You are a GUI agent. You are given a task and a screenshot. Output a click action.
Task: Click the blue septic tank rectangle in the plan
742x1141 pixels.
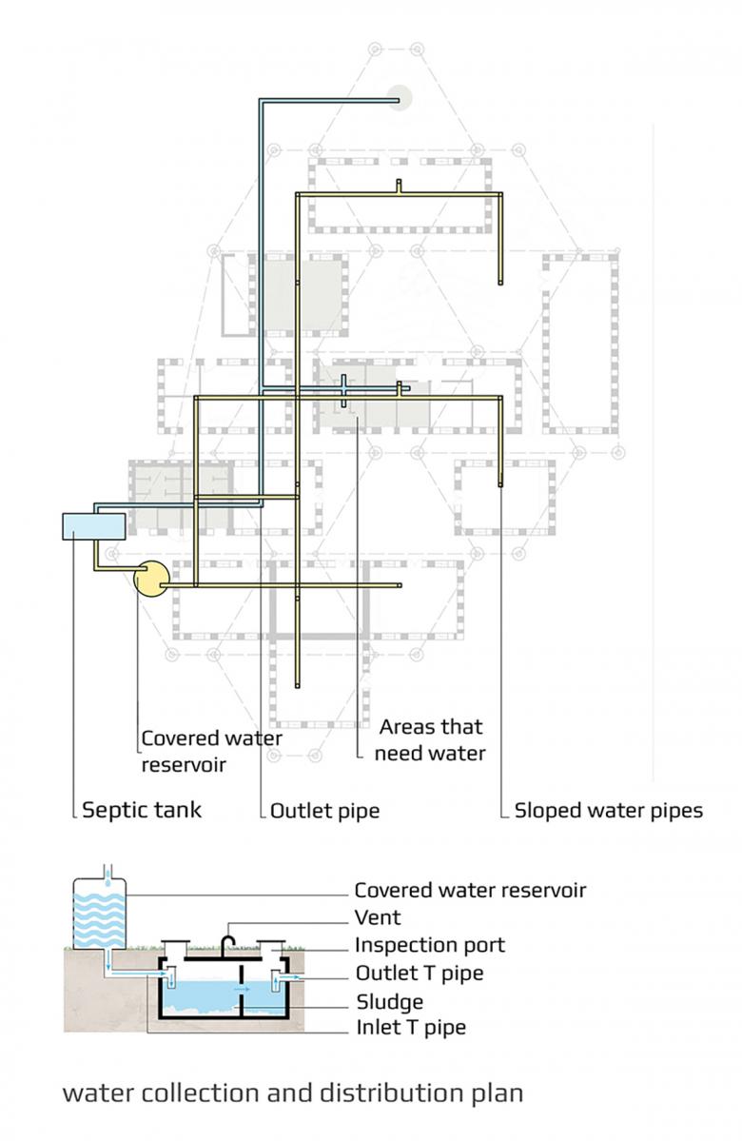93,525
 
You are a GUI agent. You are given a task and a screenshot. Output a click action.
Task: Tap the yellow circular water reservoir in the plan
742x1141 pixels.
151,578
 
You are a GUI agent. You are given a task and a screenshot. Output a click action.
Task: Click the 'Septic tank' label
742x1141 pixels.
142,811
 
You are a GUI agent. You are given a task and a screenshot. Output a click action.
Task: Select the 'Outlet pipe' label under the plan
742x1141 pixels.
324,811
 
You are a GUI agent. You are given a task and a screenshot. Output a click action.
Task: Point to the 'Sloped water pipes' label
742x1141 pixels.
608,811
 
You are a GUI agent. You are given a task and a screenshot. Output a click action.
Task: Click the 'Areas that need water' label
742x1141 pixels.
432,740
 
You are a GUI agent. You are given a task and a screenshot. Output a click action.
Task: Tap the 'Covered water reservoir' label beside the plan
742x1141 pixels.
211,751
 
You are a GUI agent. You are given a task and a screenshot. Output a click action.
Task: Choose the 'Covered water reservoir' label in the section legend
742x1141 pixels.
470,891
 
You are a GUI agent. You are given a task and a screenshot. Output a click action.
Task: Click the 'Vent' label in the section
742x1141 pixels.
378,918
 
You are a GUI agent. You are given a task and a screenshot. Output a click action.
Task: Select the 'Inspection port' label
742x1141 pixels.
429,945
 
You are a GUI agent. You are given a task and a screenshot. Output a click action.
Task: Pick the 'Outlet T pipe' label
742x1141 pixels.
420,974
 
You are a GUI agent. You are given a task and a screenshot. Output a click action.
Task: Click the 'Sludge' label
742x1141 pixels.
389,1001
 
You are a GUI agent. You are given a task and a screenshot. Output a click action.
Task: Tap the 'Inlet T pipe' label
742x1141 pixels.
411,1028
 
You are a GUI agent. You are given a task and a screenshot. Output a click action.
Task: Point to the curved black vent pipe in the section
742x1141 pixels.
228,942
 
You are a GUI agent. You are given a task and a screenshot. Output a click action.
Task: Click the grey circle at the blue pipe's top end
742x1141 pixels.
399,97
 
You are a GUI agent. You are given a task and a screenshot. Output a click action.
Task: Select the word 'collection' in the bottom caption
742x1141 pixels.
195,1092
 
